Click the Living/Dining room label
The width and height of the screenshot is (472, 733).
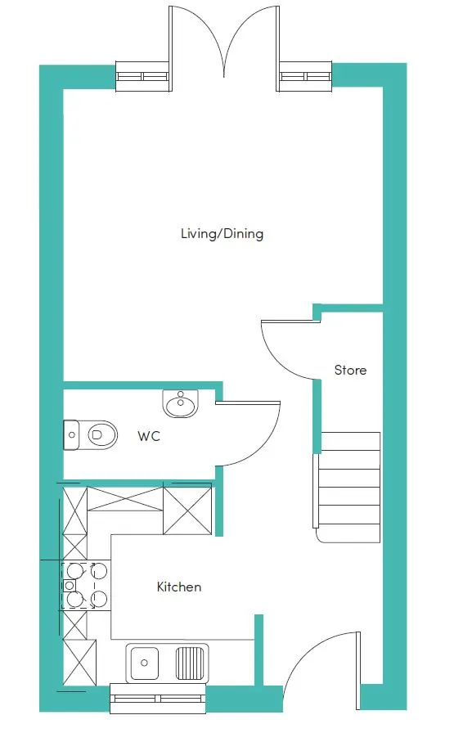point(222,233)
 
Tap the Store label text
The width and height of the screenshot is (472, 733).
point(350,371)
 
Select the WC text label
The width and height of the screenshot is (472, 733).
point(149,436)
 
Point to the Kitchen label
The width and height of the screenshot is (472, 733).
point(179,587)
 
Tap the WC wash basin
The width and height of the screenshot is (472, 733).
point(181,403)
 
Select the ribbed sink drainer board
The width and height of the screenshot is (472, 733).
point(191,663)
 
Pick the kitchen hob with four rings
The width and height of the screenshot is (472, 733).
point(86,585)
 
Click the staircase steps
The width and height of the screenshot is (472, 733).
point(348,487)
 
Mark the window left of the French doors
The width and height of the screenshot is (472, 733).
point(142,76)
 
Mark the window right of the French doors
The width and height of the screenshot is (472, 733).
point(305,76)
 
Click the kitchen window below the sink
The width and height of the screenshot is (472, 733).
point(158,699)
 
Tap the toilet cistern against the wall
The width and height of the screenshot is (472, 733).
point(71,435)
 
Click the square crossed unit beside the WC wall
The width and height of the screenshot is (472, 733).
point(187,510)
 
